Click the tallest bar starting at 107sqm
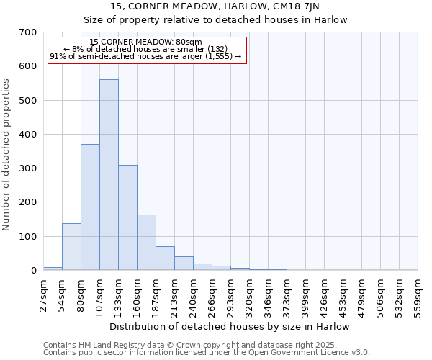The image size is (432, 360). click(x=109, y=175)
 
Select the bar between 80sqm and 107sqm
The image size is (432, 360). click(x=90, y=207)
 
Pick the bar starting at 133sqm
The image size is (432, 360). click(x=127, y=217)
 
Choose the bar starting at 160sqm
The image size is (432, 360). click(x=146, y=243)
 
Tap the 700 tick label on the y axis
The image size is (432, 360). click(x=28, y=32)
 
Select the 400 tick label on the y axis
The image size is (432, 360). click(x=28, y=135)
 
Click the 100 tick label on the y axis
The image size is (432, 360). click(x=28, y=237)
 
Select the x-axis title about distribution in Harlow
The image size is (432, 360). click(x=230, y=326)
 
